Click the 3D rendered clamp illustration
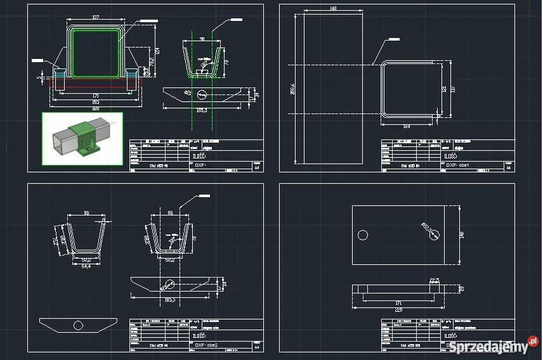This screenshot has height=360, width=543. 83,139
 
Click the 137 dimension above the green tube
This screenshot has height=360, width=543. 96,17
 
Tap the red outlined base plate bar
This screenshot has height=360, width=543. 95,82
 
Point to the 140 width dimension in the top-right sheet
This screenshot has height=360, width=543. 332,9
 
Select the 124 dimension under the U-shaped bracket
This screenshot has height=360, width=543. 406,127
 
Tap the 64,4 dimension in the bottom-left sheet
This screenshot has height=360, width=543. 87,266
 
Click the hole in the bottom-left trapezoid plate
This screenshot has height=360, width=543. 78,325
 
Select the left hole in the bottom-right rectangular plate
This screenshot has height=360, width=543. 363,235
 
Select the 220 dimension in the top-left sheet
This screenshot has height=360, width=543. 95,108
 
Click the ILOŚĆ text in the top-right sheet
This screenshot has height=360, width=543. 451,153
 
